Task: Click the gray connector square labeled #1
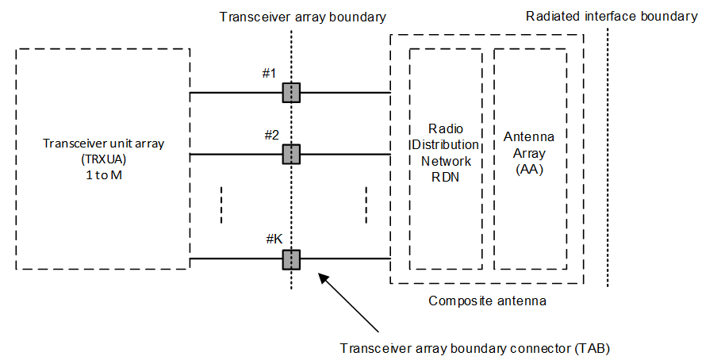click(x=291, y=93)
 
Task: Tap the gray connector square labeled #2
click(x=291, y=154)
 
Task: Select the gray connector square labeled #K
click(x=291, y=259)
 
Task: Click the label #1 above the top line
click(x=269, y=74)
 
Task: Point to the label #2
click(x=271, y=135)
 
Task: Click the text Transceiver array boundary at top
click(x=291, y=16)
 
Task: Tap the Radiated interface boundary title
click(x=611, y=16)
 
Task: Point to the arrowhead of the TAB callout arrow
click(x=320, y=275)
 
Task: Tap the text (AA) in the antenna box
click(x=529, y=168)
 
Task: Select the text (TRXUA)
click(x=103, y=159)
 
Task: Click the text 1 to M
click(x=103, y=175)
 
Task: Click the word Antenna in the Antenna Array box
click(x=529, y=136)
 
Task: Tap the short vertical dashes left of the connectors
click(x=221, y=205)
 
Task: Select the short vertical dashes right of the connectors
click(x=366, y=205)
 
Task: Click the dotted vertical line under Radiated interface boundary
click(x=608, y=159)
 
